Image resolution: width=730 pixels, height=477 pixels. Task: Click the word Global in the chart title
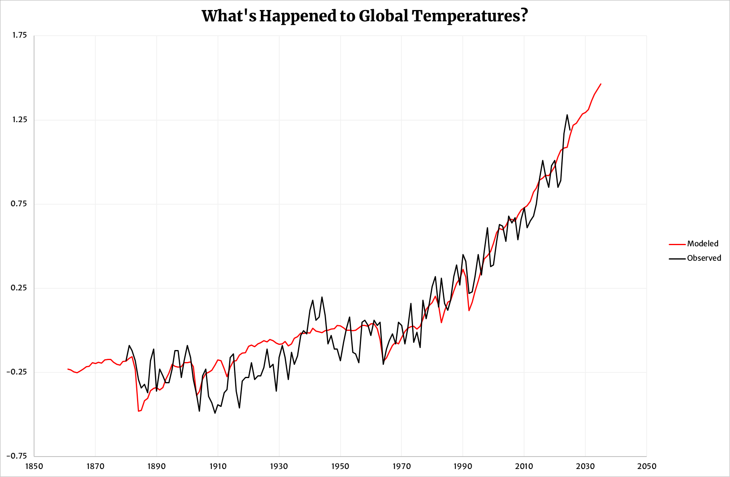tap(383, 16)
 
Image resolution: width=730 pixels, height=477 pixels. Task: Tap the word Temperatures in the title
tap(470, 16)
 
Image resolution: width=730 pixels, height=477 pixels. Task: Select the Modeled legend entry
tap(702, 244)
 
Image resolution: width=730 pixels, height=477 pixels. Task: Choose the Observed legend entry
tap(704, 258)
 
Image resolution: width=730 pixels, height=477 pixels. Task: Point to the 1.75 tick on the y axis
tap(19, 35)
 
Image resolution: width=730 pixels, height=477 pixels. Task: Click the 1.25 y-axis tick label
tap(19, 119)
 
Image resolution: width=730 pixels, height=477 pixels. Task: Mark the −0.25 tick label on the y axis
tap(17, 372)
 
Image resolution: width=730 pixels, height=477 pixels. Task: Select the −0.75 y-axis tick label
tap(17, 456)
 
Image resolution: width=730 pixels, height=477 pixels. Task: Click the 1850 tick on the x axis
tap(34, 466)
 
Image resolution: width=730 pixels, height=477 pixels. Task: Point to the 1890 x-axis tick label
tap(157, 466)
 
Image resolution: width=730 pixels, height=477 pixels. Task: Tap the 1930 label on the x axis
tap(279, 466)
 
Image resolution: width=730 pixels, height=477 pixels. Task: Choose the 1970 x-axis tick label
tap(401, 466)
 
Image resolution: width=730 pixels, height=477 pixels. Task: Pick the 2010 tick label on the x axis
tap(524, 466)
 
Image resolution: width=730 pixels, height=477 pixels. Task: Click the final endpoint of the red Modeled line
tap(601, 84)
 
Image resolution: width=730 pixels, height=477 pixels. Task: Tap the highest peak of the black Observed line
tap(567, 115)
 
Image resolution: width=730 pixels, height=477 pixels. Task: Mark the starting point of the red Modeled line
tap(68, 369)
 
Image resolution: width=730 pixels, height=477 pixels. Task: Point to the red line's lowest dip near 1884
tap(138, 411)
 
